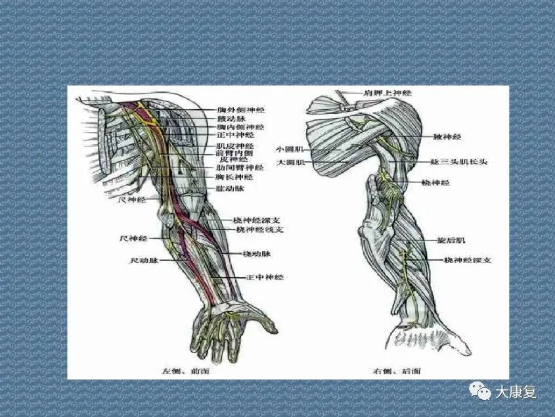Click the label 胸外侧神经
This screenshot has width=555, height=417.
coord(241,110)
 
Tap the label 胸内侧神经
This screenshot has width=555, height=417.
coord(241,126)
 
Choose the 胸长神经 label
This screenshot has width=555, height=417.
coord(234,177)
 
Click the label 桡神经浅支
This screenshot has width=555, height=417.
coord(260,230)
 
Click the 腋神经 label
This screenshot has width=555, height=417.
coord(447,137)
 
